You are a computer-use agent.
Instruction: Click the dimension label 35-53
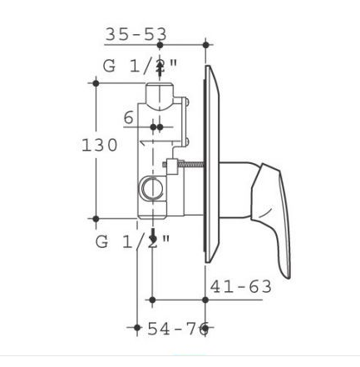(136, 34)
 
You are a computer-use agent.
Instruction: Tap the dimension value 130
(100, 145)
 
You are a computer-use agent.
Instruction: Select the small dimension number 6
(129, 117)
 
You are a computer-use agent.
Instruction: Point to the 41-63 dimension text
(241, 286)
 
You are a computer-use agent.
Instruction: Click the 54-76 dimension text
(178, 329)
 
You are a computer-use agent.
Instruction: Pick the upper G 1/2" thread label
(140, 67)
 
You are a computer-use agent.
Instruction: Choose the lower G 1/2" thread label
(132, 242)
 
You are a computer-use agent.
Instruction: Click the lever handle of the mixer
(272, 219)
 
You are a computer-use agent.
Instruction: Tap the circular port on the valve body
(152, 188)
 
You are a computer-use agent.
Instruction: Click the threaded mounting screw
(184, 165)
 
